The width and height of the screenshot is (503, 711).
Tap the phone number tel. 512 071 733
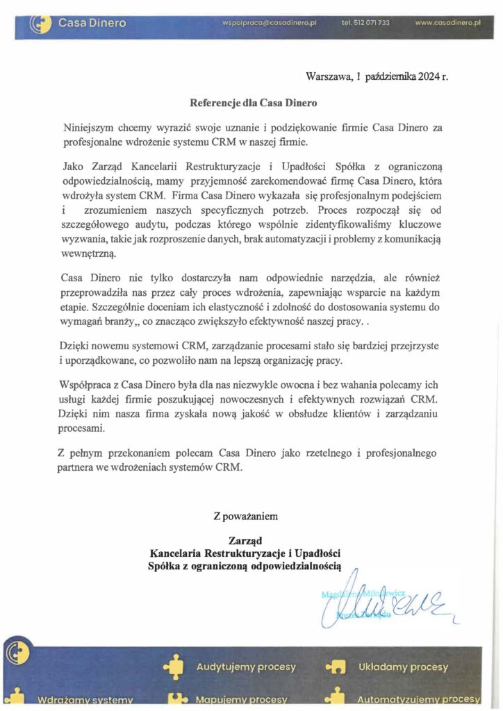pos(365,23)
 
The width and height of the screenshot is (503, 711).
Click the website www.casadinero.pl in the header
pos(448,23)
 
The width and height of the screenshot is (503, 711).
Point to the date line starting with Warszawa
pos(377,77)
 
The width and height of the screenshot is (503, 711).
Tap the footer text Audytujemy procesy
pos(246,667)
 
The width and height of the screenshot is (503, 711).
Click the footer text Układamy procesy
pos(403,667)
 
